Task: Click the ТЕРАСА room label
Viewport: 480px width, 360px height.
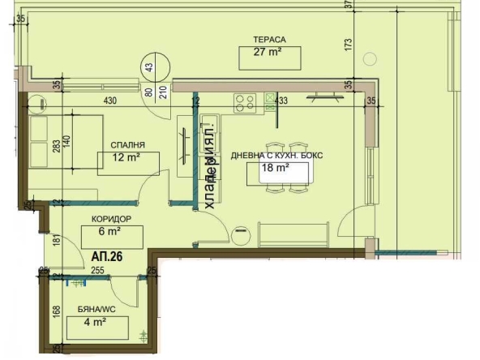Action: pyautogui.click(x=268, y=38)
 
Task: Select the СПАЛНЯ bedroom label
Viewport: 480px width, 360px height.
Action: pyautogui.click(x=128, y=146)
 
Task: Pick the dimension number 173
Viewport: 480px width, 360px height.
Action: pyautogui.click(x=349, y=44)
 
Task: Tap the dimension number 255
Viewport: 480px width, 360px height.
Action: pyautogui.click(x=99, y=272)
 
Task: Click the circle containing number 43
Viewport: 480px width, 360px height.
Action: pyautogui.click(x=152, y=67)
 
